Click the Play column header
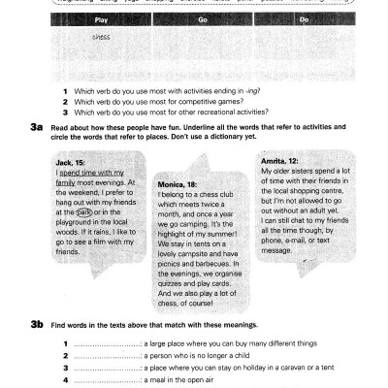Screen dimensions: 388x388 click(100, 18)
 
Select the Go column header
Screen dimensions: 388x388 click(203, 18)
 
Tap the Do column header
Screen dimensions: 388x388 click(304, 18)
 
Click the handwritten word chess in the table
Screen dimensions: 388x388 click(101, 37)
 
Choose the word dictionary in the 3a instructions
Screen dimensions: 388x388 click(304, 135)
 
